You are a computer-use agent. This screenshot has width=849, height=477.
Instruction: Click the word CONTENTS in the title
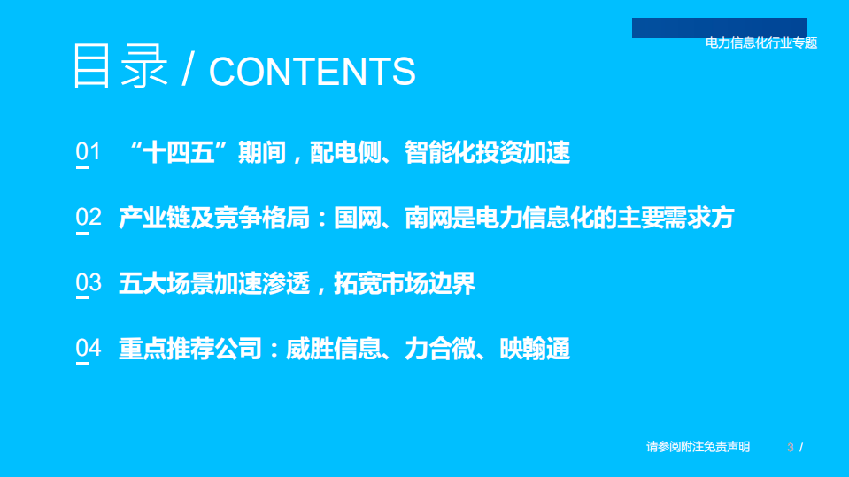tap(312, 72)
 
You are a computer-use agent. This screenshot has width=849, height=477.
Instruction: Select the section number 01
tap(89, 152)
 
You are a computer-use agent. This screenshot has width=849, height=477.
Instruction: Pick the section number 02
tap(89, 218)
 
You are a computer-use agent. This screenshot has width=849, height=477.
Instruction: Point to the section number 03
tap(89, 283)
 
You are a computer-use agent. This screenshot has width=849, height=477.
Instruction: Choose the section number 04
tap(89, 349)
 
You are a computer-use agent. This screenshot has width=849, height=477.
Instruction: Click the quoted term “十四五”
tap(181, 152)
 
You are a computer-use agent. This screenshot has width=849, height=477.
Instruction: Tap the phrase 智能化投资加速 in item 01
tap(487, 152)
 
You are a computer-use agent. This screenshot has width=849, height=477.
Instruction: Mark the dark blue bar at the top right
tap(719, 27)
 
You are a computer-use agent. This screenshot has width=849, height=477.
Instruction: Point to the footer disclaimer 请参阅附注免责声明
tap(698, 447)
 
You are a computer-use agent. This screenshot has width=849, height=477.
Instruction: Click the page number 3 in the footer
tap(791, 448)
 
